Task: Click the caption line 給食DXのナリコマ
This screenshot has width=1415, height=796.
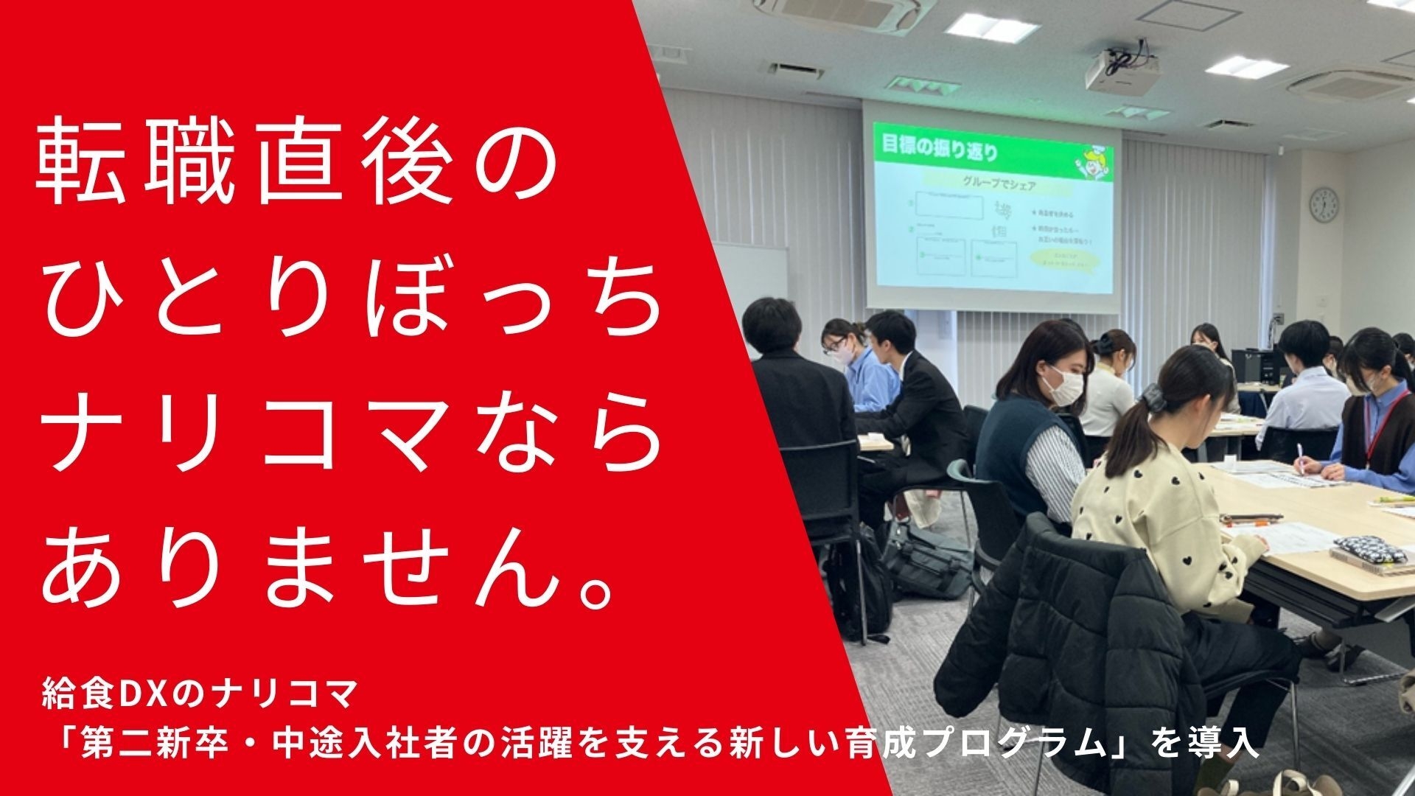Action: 199,694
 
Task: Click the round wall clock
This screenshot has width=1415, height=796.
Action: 1324,204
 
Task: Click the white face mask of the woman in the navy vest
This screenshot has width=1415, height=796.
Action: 1064,385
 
